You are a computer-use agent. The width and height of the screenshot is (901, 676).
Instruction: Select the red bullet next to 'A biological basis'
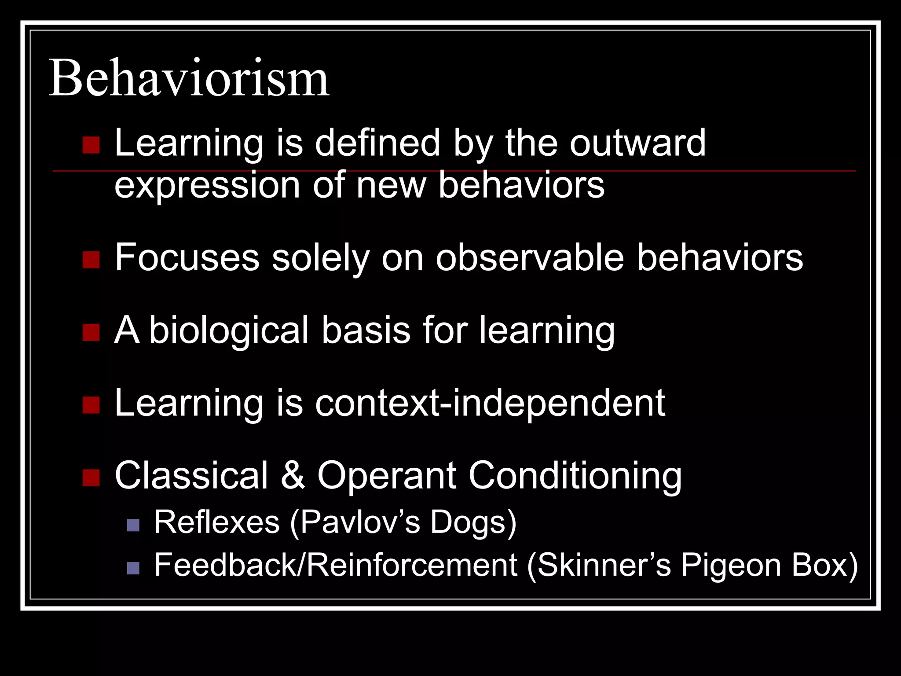[91, 332]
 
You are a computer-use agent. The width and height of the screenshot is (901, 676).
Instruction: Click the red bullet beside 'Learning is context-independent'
[91, 405]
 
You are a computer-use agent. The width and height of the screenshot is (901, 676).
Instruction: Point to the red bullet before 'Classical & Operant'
[91, 478]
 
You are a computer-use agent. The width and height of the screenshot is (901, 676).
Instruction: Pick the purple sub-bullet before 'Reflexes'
[133, 525]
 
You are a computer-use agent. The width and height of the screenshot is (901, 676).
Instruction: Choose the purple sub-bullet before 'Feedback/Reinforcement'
[133, 568]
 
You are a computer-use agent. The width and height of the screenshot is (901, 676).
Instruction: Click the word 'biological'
[229, 330]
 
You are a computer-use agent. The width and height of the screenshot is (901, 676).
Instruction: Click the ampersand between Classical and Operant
[293, 475]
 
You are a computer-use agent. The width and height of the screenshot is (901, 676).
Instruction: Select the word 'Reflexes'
[217, 522]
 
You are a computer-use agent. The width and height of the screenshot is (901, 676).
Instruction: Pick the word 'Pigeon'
[731, 566]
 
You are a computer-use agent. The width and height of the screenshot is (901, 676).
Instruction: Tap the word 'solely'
[321, 258]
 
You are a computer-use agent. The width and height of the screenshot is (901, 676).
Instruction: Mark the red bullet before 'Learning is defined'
[91, 145]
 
